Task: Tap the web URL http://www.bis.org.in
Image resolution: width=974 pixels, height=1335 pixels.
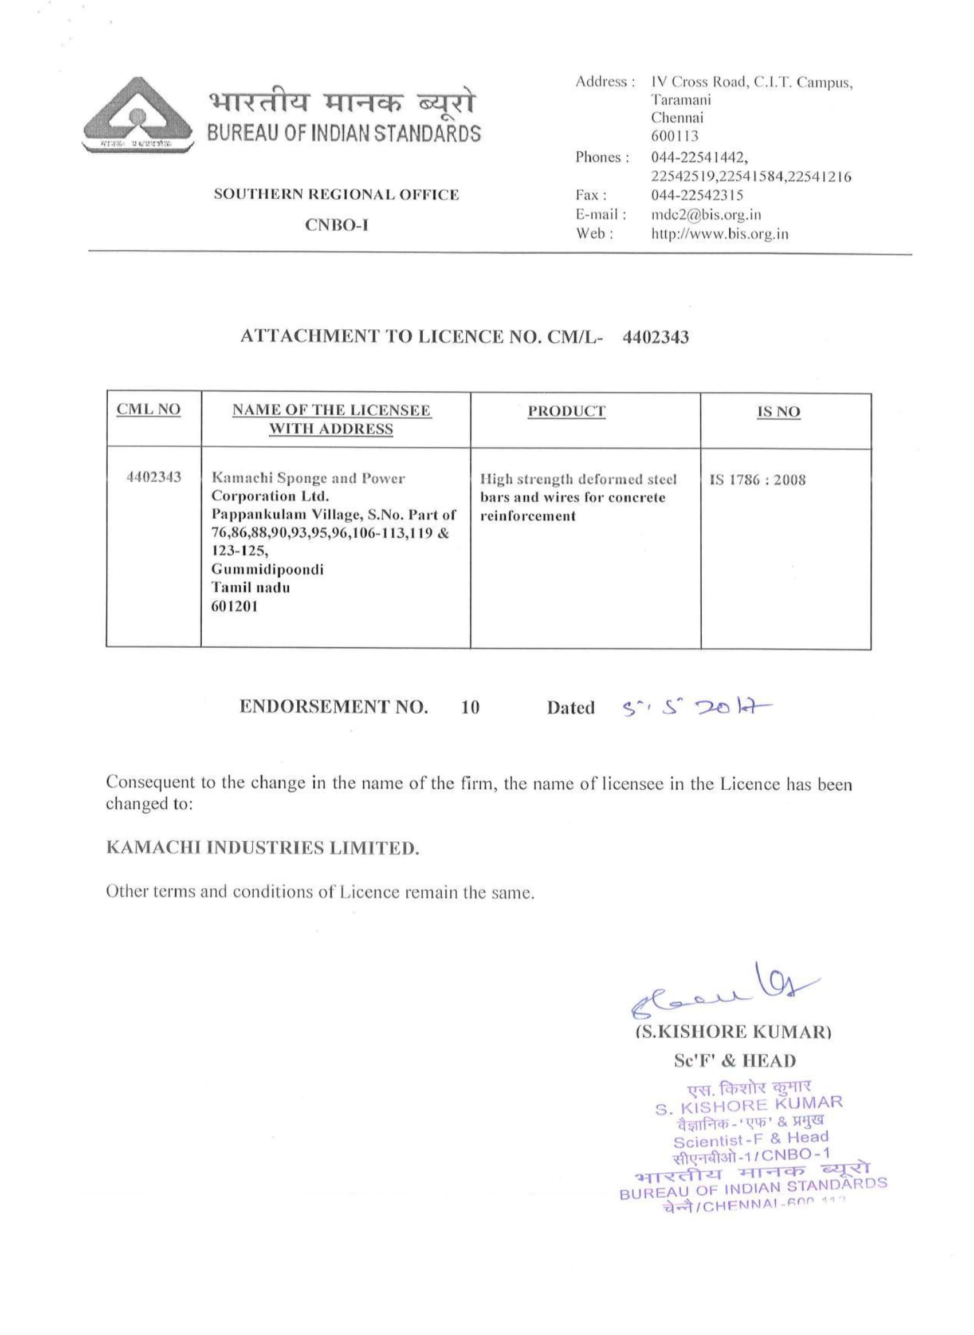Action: [x=719, y=234]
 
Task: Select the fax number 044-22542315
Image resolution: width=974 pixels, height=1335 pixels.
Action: [x=697, y=195]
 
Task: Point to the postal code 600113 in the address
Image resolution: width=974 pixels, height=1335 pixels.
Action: [x=674, y=136]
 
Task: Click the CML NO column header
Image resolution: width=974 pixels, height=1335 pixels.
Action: [x=148, y=409]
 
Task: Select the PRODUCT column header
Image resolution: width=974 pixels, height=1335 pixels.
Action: [x=566, y=411]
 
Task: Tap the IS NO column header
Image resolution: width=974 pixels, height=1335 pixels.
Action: [x=778, y=412]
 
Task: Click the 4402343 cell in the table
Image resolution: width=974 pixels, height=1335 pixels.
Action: [x=154, y=477]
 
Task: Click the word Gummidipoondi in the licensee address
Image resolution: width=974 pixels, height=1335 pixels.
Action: [x=267, y=569]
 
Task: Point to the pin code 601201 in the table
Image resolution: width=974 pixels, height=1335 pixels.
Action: [x=234, y=607]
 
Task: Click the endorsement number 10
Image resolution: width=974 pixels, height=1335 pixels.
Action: [x=470, y=707]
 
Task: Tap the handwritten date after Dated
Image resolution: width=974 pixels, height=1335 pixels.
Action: [x=696, y=706]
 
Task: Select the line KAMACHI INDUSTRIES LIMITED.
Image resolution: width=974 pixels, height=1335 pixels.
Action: [x=262, y=848]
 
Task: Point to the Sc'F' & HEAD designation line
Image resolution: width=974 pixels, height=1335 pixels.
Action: [x=734, y=1061]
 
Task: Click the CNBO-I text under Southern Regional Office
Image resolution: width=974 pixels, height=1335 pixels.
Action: [x=337, y=225]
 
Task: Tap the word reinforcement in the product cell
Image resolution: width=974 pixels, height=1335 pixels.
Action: [x=528, y=517]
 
